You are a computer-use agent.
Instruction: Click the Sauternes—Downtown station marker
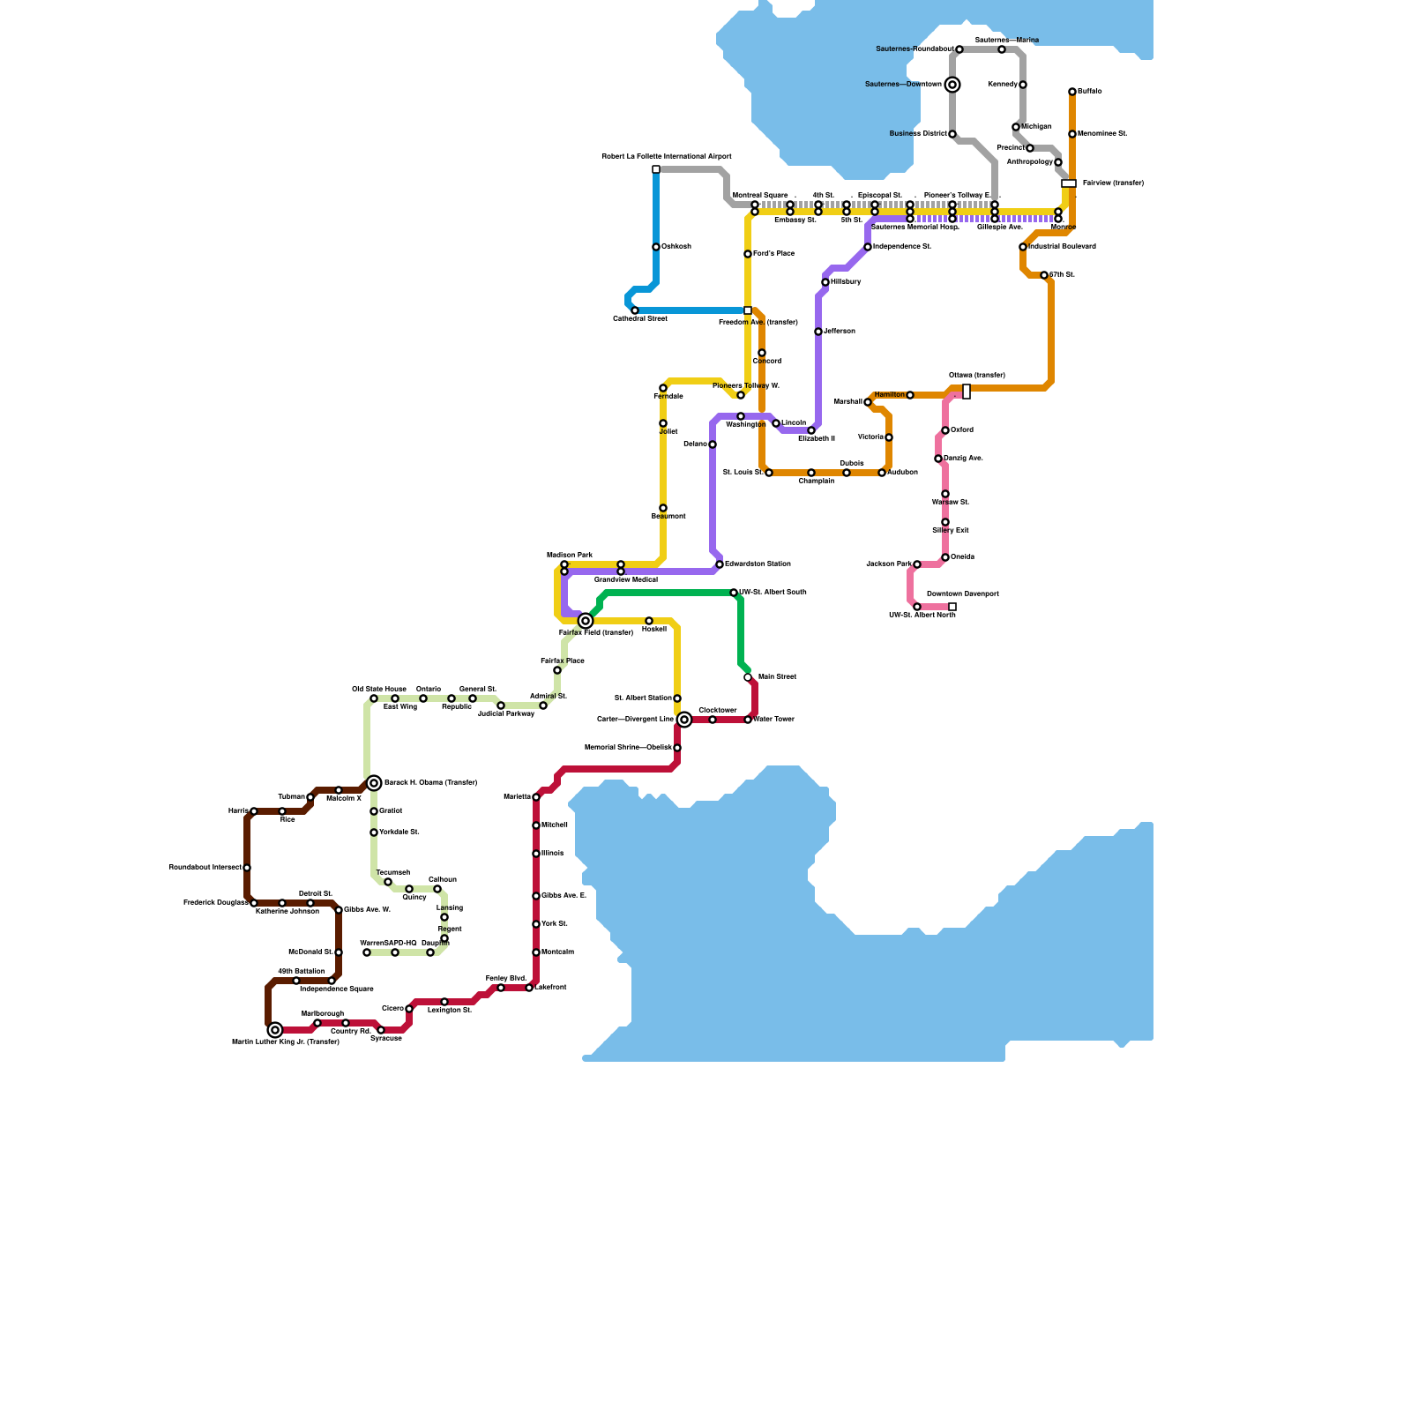[x=952, y=85]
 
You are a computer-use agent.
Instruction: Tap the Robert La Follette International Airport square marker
[x=656, y=169]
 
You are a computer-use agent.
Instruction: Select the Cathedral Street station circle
[x=635, y=310]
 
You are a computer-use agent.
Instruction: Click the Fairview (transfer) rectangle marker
[x=1069, y=183]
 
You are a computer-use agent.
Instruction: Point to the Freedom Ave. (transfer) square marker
[x=748, y=310]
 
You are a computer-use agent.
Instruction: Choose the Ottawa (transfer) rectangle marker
[x=967, y=392]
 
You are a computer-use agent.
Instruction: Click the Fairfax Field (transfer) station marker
[x=586, y=621]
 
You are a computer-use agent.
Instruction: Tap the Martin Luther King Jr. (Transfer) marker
[x=275, y=1030]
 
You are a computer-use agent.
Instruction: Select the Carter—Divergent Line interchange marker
[x=684, y=720]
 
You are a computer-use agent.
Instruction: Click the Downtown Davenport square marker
[x=952, y=607]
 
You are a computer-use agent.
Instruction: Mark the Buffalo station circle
[x=1072, y=92]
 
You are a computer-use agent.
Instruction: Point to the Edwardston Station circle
[x=720, y=564]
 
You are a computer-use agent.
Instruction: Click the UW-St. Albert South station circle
[x=734, y=593]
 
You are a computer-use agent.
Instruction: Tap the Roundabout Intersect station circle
[x=247, y=868]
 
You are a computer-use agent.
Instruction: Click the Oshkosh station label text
[x=676, y=247]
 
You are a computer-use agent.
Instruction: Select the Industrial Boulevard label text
[x=1062, y=247]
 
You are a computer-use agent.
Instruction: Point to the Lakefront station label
[x=550, y=988]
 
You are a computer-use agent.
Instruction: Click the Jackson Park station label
[x=888, y=564]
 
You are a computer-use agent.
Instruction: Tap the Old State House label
[x=379, y=689]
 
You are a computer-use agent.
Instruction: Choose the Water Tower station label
[x=773, y=720]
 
